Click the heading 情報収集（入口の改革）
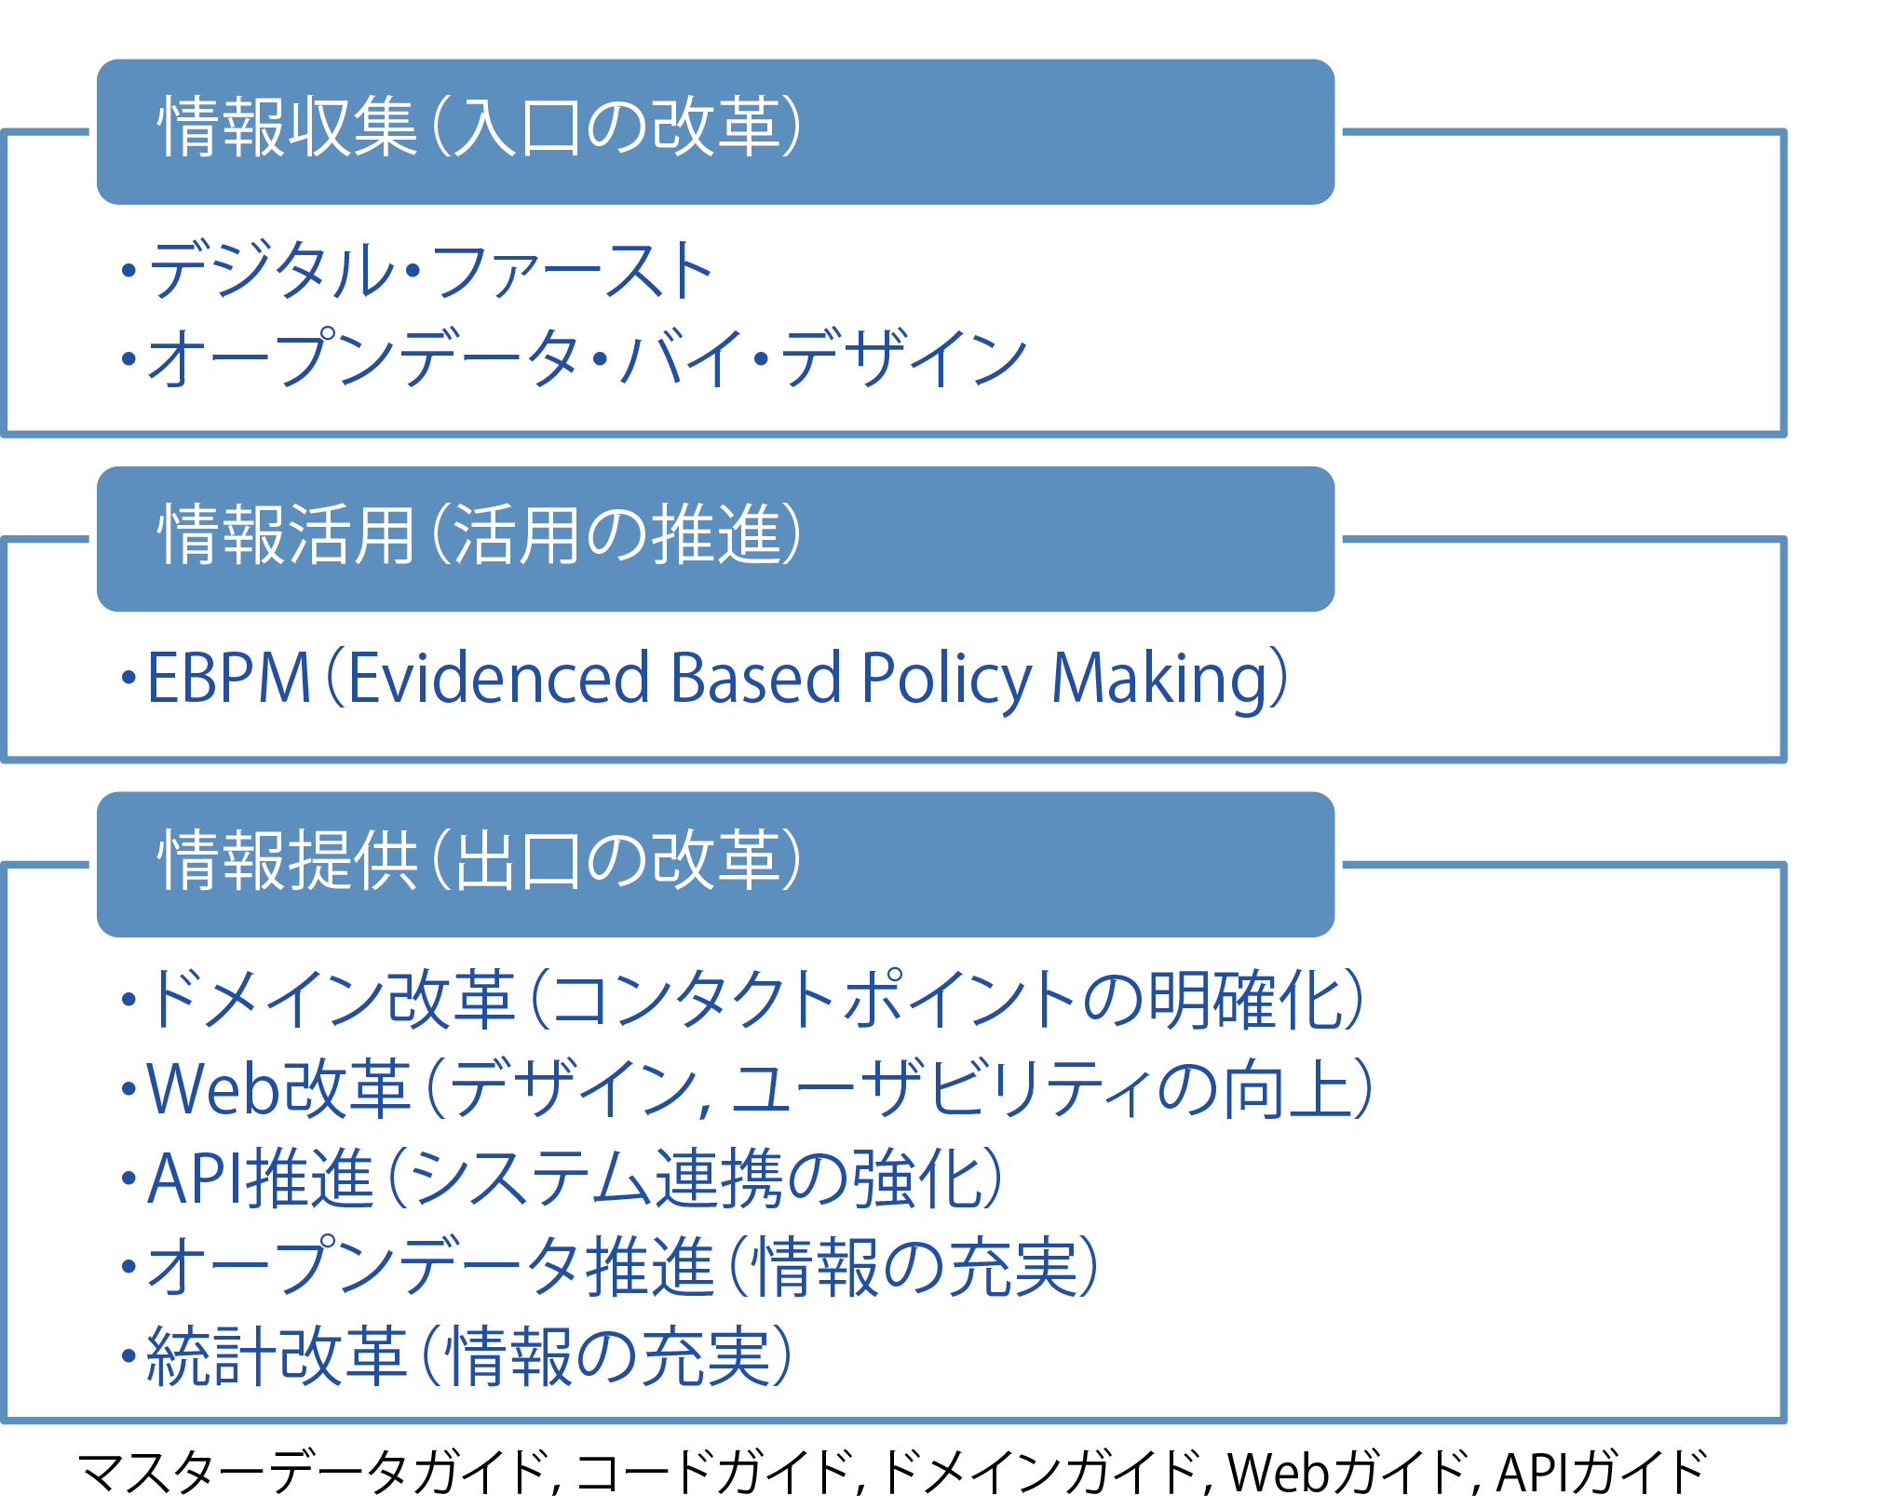click(x=480, y=127)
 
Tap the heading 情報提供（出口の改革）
click(x=480, y=859)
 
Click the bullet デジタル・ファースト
click(x=418, y=270)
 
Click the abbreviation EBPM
click(x=228, y=678)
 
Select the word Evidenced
click(x=498, y=677)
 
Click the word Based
click(x=755, y=677)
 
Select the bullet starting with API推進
click(x=562, y=1178)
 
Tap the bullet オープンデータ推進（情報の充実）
click(x=610, y=1266)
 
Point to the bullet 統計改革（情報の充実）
click(x=457, y=1355)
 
